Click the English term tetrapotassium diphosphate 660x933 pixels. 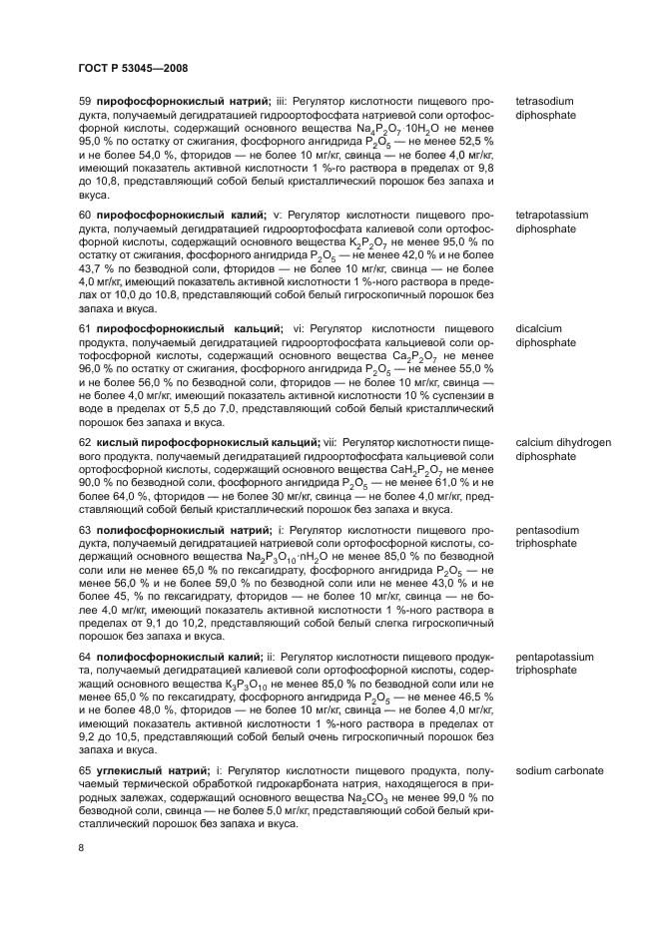click(x=551, y=222)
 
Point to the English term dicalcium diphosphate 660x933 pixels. click(x=545, y=334)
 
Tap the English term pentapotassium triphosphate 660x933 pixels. click(x=554, y=665)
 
